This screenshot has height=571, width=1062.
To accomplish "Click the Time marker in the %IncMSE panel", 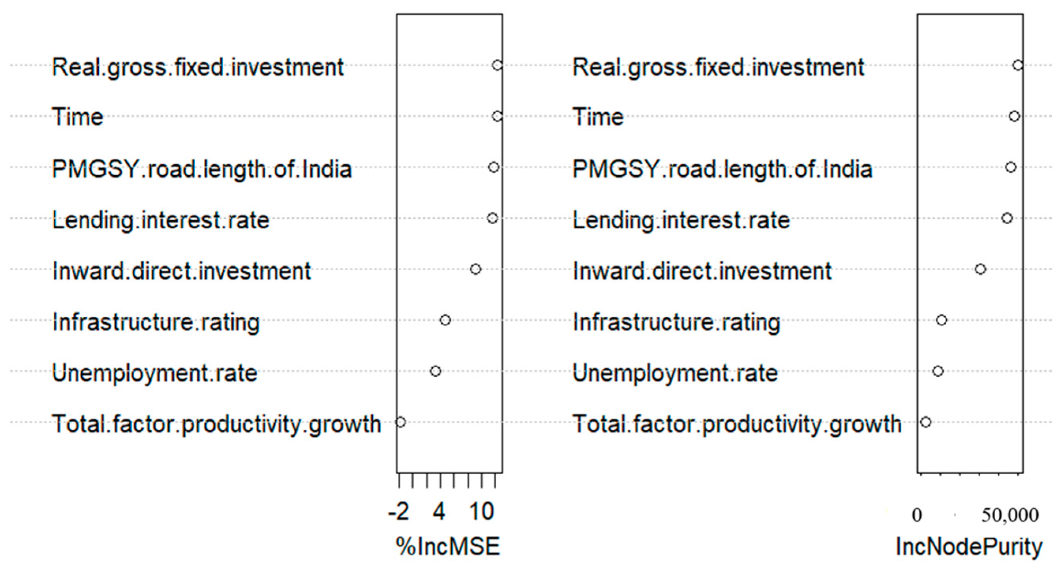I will pos(497,116).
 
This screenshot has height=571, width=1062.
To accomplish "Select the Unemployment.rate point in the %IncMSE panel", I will pos(435,371).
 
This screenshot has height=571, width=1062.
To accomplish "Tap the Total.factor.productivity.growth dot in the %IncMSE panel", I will pos(400,422).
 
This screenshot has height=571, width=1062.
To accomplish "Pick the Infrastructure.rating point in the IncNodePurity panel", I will pos(941,320).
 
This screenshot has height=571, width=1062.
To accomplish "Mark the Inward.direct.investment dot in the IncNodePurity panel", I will pos(980,269).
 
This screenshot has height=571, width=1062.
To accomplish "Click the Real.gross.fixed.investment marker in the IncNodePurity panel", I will pos(1017,65).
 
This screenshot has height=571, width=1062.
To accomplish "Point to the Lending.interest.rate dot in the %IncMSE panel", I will pos(492,218).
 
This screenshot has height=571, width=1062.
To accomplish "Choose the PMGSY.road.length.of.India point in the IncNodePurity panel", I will pos(1010,167).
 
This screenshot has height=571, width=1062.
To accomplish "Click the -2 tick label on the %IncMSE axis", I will pos(398,512).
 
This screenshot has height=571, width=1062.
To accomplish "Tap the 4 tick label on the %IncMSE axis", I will pos(439,512).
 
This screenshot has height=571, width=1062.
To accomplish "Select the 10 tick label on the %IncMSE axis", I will pos(481,512).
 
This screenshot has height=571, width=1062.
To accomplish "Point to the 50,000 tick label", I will pos(1009,515).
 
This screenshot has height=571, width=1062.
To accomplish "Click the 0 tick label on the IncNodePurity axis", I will pos(916,515).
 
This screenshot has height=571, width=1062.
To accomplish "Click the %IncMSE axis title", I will pos(448,547).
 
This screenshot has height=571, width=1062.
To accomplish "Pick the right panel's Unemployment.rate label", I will pos(675,373).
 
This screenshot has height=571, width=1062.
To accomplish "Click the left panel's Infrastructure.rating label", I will pos(156,322).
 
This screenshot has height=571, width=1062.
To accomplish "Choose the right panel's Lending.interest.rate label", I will pos(681,221).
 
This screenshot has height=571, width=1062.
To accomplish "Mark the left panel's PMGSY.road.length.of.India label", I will pos(202,169).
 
